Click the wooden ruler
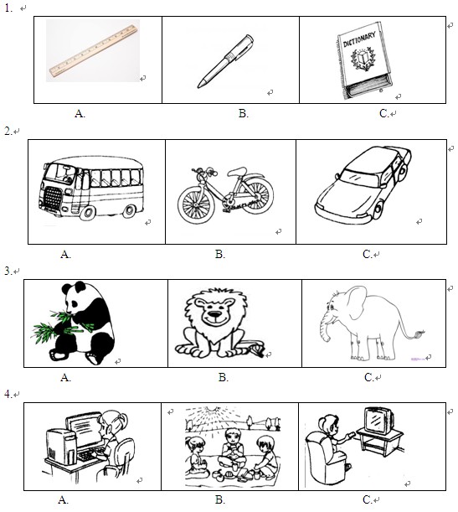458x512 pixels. coord(93,51)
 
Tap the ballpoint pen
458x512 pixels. coord(225,61)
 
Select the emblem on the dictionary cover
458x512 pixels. coord(361,59)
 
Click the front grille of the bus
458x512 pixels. coord(52,199)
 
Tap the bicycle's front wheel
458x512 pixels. coord(195,204)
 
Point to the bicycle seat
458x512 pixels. coord(237,171)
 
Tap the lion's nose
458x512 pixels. coord(214,315)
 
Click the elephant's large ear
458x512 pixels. coord(357,303)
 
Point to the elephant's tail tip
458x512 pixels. coord(419,334)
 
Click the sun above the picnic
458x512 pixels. coord(214,409)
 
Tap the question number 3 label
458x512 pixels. coord(8,271)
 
